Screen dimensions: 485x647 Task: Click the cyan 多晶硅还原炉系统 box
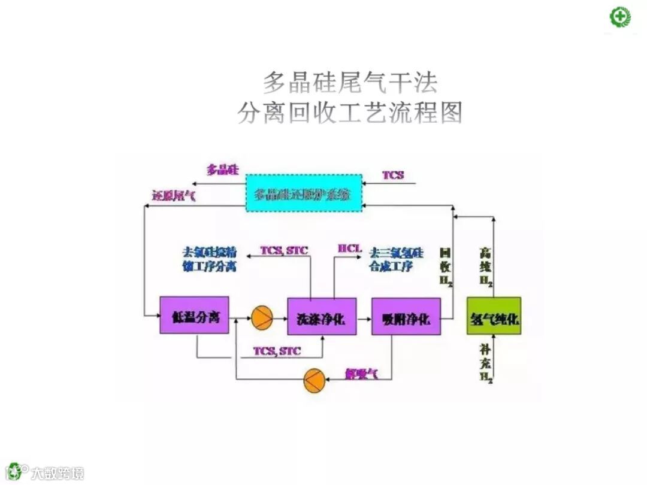pos(304,192)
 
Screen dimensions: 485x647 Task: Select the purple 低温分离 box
pos(194,315)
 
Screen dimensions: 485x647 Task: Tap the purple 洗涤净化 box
pos(322,316)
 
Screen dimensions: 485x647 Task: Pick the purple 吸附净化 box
pos(406,316)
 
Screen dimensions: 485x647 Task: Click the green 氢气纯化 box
pos(494,316)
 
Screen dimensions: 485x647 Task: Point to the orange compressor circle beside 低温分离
pos(261,318)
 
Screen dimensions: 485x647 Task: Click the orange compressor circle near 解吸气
pos(313,380)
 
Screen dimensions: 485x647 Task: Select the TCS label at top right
pos(393,175)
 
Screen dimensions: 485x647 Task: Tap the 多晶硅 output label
pos(223,170)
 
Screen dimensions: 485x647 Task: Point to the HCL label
pos(350,248)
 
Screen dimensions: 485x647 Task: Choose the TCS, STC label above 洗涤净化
pos(284,250)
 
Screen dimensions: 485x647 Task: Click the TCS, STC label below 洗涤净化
pos(277,351)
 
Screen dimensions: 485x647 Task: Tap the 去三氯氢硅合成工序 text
pos(396,259)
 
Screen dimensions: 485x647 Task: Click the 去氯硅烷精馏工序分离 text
pos(209,259)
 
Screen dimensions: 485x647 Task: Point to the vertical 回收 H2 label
pos(446,266)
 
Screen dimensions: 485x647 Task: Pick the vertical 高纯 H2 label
pos(486,268)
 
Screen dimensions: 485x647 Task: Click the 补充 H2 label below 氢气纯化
pos(486,362)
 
